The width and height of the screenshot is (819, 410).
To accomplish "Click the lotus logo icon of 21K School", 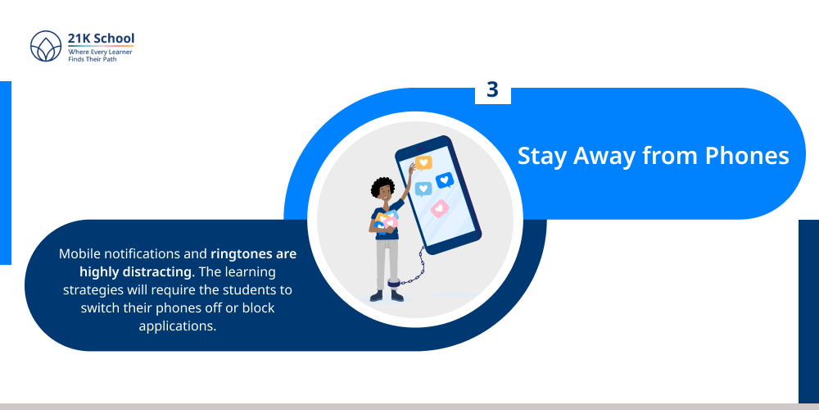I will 46,46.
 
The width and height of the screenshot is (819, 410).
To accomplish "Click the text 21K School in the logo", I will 102,39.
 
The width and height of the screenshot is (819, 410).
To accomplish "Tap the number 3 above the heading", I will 492,89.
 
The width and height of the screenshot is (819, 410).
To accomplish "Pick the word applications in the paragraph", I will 177,326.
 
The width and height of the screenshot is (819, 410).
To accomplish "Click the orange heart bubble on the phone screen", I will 423,162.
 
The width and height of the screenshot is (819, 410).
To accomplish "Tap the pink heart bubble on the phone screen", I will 441,208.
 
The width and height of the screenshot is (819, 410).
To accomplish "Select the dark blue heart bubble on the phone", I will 445,180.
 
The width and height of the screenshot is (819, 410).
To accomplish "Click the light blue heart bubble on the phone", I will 423,189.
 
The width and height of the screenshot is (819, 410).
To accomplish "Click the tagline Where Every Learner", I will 100,52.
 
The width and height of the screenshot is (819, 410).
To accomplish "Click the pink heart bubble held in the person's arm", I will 391,222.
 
